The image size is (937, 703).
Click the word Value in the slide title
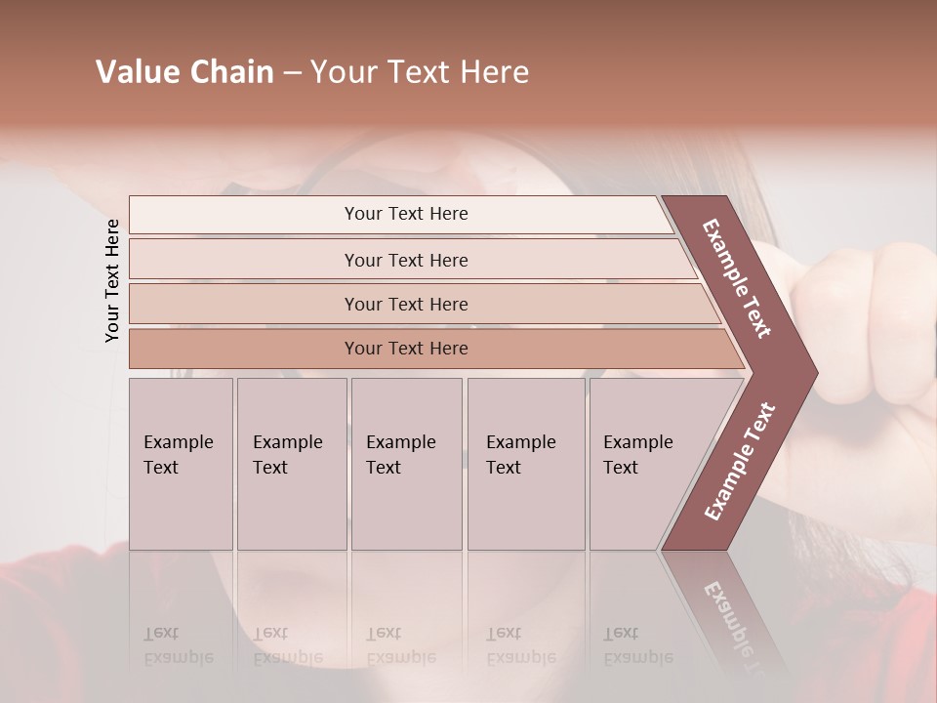pyautogui.click(x=136, y=72)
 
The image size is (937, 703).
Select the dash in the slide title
pyautogui.click(x=291, y=73)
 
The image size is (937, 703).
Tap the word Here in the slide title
pyautogui.click(x=496, y=72)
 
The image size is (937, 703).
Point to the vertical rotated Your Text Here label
pyautogui.click(x=112, y=280)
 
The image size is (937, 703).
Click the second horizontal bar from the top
pyautogui.click(x=406, y=260)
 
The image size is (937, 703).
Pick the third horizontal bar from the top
pyautogui.click(x=406, y=304)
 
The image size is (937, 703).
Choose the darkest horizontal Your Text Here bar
pyautogui.click(x=406, y=349)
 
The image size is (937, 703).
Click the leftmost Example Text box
pyautogui.click(x=181, y=464)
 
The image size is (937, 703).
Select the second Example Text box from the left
pyautogui.click(x=291, y=464)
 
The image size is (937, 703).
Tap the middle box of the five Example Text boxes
pyautogui.click(x=406, y=464)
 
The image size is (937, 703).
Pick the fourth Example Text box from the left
pyautogui.click(x=526, y=464)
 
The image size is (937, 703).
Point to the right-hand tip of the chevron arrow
pyautogui.click(x=812, y=372)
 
